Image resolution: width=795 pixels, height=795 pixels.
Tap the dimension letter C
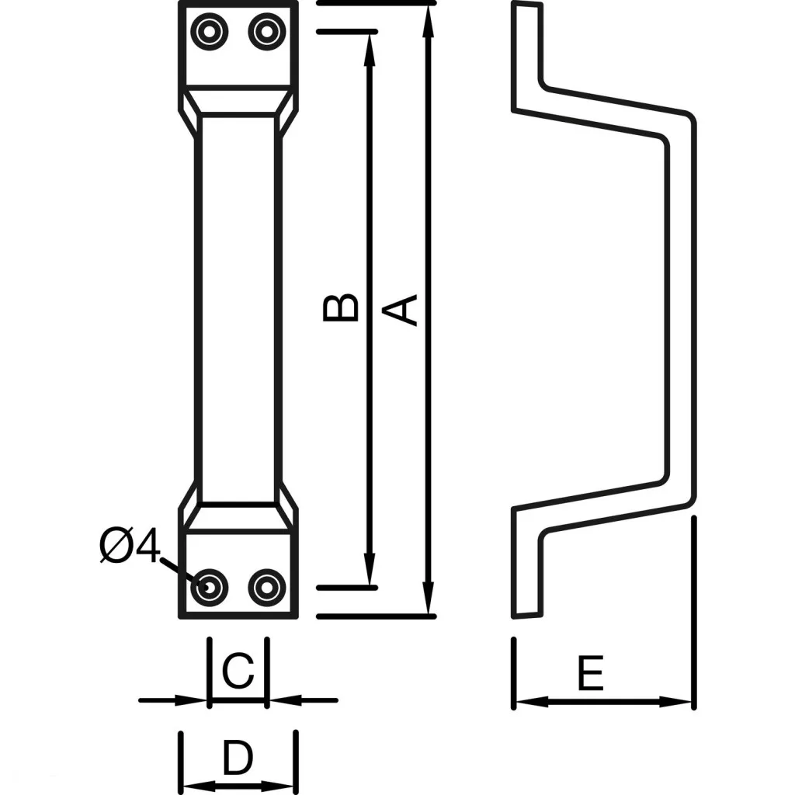coord(238,671)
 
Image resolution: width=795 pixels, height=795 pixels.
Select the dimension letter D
coord(238,759)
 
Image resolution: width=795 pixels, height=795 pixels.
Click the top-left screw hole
coord(210,32)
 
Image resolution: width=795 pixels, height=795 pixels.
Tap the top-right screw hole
coord(266,32)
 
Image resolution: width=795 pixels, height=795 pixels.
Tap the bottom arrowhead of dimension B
coord(370,573)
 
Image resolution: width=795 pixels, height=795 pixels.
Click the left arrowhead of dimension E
coord(529,701)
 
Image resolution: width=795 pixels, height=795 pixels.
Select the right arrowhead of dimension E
coord(679,701)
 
